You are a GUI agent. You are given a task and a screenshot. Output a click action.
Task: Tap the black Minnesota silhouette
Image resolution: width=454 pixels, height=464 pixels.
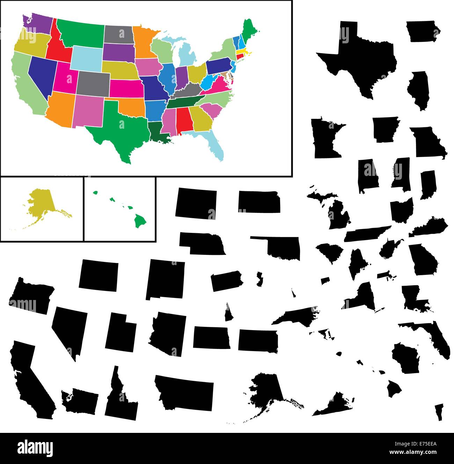(325, 140)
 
